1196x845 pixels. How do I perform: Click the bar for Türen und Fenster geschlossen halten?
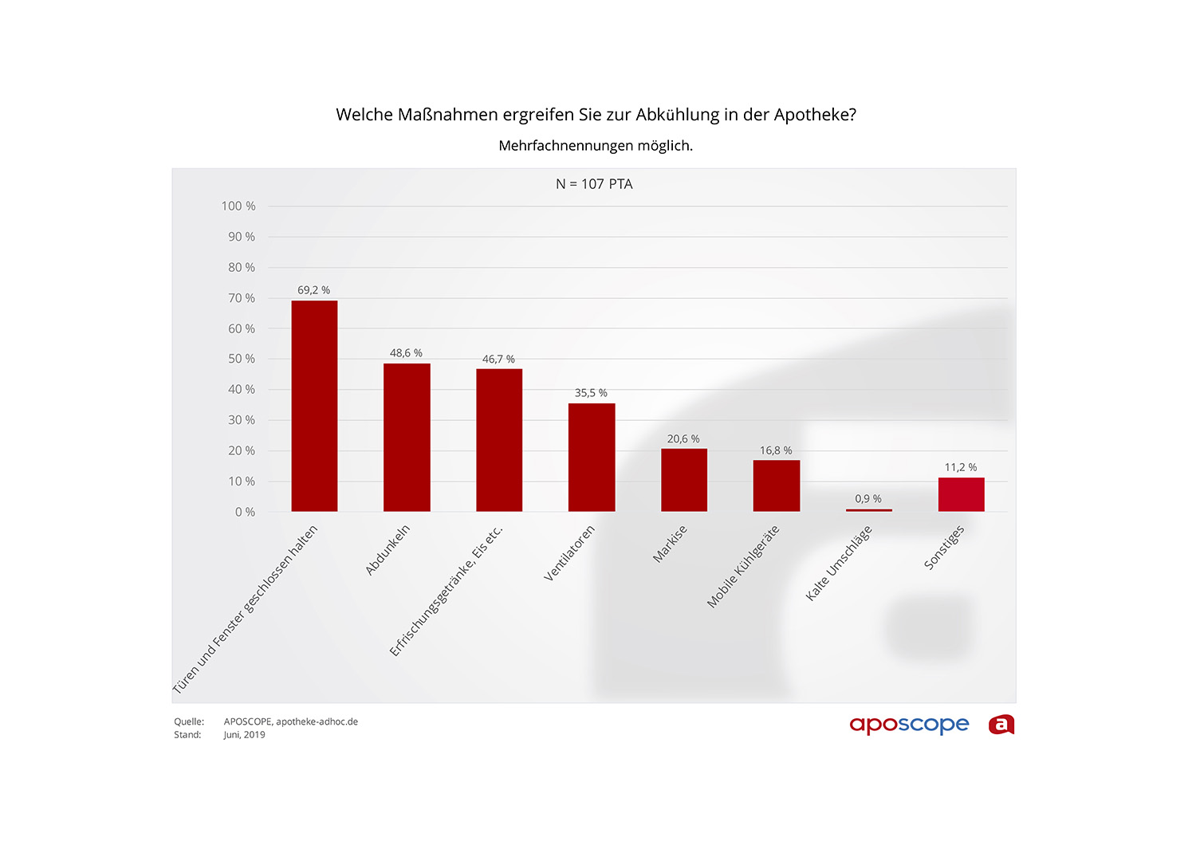coord(314,406)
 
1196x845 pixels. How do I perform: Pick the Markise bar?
coord(684,480)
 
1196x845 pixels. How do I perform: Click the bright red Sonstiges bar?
coord(961,494)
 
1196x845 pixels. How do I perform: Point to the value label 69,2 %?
coord(313,290)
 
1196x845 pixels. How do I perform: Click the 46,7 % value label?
coord(498,360)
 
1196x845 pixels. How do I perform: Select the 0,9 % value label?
coord(868,499)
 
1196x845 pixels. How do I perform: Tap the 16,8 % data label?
coord(776,451)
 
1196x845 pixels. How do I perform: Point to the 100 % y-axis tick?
coord(238,206)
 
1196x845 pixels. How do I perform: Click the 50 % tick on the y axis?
coord(242,360)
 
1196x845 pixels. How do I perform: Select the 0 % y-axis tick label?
coord(245,513)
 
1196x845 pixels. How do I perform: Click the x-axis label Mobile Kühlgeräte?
coord(743,567)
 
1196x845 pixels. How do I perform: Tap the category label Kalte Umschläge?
coord(839,563)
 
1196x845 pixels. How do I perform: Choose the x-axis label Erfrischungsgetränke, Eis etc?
coord(447,591)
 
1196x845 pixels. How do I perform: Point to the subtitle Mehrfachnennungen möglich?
coord(596,146)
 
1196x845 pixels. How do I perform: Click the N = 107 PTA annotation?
coord(594,184)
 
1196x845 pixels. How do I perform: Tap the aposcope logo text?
coord(909,725)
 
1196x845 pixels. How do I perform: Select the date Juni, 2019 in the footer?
coord(244,735)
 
